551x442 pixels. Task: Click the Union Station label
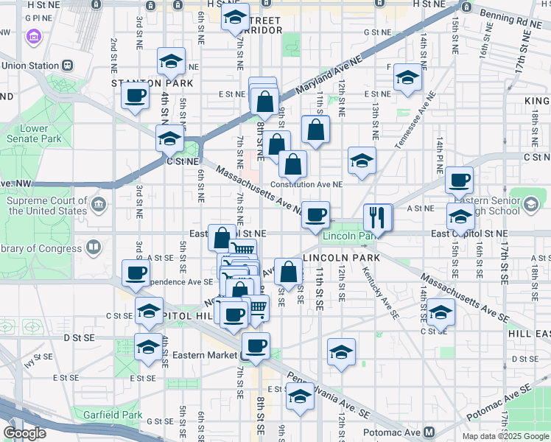coord(29,66)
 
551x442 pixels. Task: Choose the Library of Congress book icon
coord(94,247)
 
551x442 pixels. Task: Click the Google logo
coord(25,432)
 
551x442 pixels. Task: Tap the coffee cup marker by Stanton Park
coord(135,97)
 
